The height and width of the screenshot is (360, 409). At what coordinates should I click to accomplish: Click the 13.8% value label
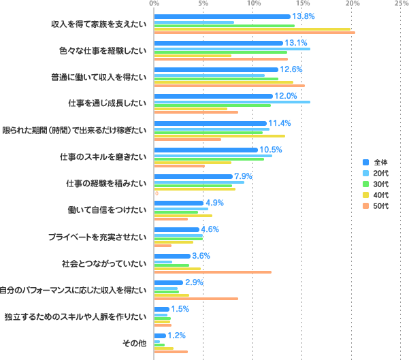303,16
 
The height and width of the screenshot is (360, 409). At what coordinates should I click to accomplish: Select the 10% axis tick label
253,4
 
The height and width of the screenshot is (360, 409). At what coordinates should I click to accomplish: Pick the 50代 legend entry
380,206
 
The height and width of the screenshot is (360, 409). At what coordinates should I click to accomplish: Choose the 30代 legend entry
380,184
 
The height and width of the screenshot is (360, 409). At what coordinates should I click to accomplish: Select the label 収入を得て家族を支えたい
99,24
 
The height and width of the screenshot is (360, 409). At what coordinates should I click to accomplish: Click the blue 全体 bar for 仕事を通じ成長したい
213,96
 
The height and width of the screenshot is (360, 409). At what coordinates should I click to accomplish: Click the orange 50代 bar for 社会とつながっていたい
212,272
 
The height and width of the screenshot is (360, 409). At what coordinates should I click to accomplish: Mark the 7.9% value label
244,176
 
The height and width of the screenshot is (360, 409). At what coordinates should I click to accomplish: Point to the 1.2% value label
177,336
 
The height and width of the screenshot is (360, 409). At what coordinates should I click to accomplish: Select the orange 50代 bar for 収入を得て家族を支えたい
255,32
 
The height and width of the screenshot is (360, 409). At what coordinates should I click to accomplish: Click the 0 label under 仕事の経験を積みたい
157,194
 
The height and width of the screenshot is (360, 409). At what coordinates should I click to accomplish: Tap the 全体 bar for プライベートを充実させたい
176,229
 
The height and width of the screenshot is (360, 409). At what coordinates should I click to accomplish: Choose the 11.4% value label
280,123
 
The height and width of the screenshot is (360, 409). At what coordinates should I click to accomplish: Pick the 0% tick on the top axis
154,4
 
